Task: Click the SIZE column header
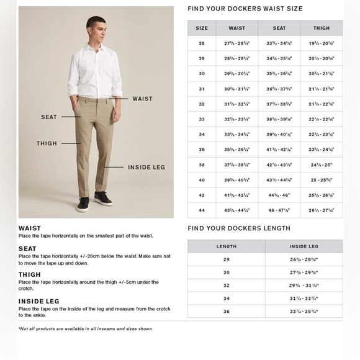coord(202,28)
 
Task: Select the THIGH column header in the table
coord(322,28)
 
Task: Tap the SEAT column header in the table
coord(279,28)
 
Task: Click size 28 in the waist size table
coord(202,43)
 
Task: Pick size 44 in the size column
coord(202,210)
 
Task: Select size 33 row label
coord(202,119)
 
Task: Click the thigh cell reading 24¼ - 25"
coord(322,165)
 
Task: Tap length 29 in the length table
coord(226,259)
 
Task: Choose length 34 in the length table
coord(226,299)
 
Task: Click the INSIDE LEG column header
coord(304,246)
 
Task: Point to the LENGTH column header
coord(226,246)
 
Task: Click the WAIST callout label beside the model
coord(142,99)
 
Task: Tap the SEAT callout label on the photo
coord(49,117)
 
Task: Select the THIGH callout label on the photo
coord(47,143)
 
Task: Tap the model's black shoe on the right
coord(104,199)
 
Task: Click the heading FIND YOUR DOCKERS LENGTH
coord(239,228)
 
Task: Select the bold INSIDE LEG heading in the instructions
coord(38,301)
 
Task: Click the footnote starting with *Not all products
coord(85,328)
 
